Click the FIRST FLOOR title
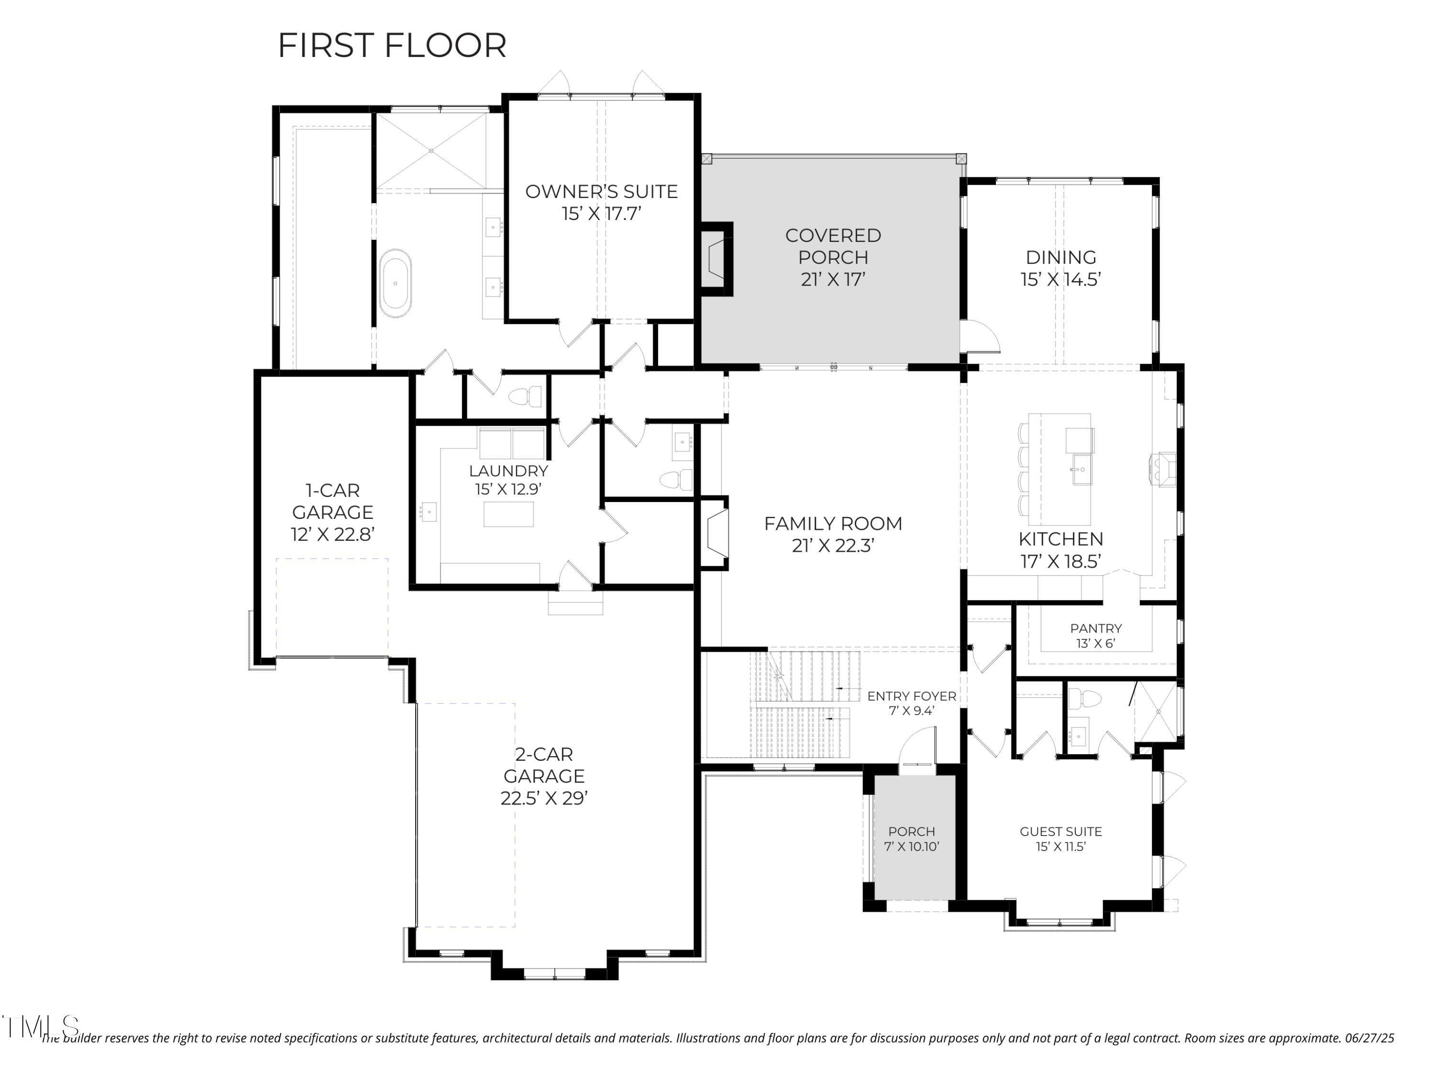coord(392,45)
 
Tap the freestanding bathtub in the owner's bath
coord(395,284)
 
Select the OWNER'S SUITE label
coord(601,191)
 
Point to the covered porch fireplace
coord(717,259)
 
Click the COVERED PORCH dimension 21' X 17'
coord(833,280)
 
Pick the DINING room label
coord(1060,257)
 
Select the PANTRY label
coord(1096,628)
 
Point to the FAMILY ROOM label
coord(833,523)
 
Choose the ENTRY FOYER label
coord(912,696)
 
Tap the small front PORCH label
coord(912,832)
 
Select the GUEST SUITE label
coord(1060,832)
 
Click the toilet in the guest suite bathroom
coord(1085,699)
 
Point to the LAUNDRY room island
coord(508,514)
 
